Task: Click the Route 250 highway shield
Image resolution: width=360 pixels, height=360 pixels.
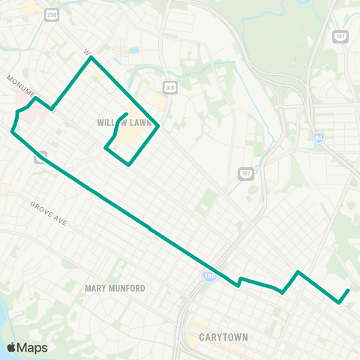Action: click(51, 15)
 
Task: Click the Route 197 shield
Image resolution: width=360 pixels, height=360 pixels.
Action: click(245, 173)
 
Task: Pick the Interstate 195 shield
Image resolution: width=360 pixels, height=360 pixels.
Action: click(208, 276)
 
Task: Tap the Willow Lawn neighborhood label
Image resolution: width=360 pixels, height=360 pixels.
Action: click(126, 122)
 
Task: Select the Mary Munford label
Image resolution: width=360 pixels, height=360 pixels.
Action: click(115, 288)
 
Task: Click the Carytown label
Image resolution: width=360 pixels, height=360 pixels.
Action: click(224, 337)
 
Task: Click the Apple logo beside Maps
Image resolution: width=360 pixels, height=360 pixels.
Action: click(11, 347)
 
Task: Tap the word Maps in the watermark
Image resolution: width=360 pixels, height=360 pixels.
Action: click(33, 347)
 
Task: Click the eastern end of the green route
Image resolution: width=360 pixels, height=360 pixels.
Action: click(349, 290)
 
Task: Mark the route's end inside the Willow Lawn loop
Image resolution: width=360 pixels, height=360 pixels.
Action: click(125, 114)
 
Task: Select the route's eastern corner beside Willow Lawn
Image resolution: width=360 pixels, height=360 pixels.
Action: click(158, 126)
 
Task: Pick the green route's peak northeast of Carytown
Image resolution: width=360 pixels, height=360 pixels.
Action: click(298, 271)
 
